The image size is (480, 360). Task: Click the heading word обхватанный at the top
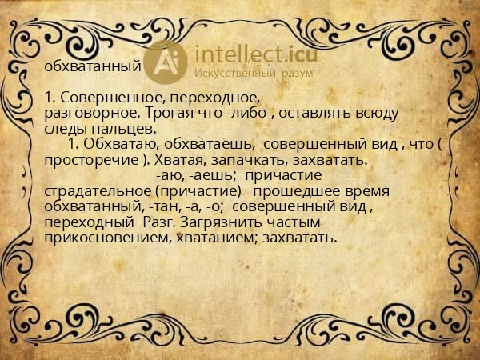pyautogui.click(x=93, y=66)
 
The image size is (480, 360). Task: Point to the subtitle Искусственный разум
pyautogui.click(x=245, y=74)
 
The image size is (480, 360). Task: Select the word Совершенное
pyautogui.click(x=102, y=98)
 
